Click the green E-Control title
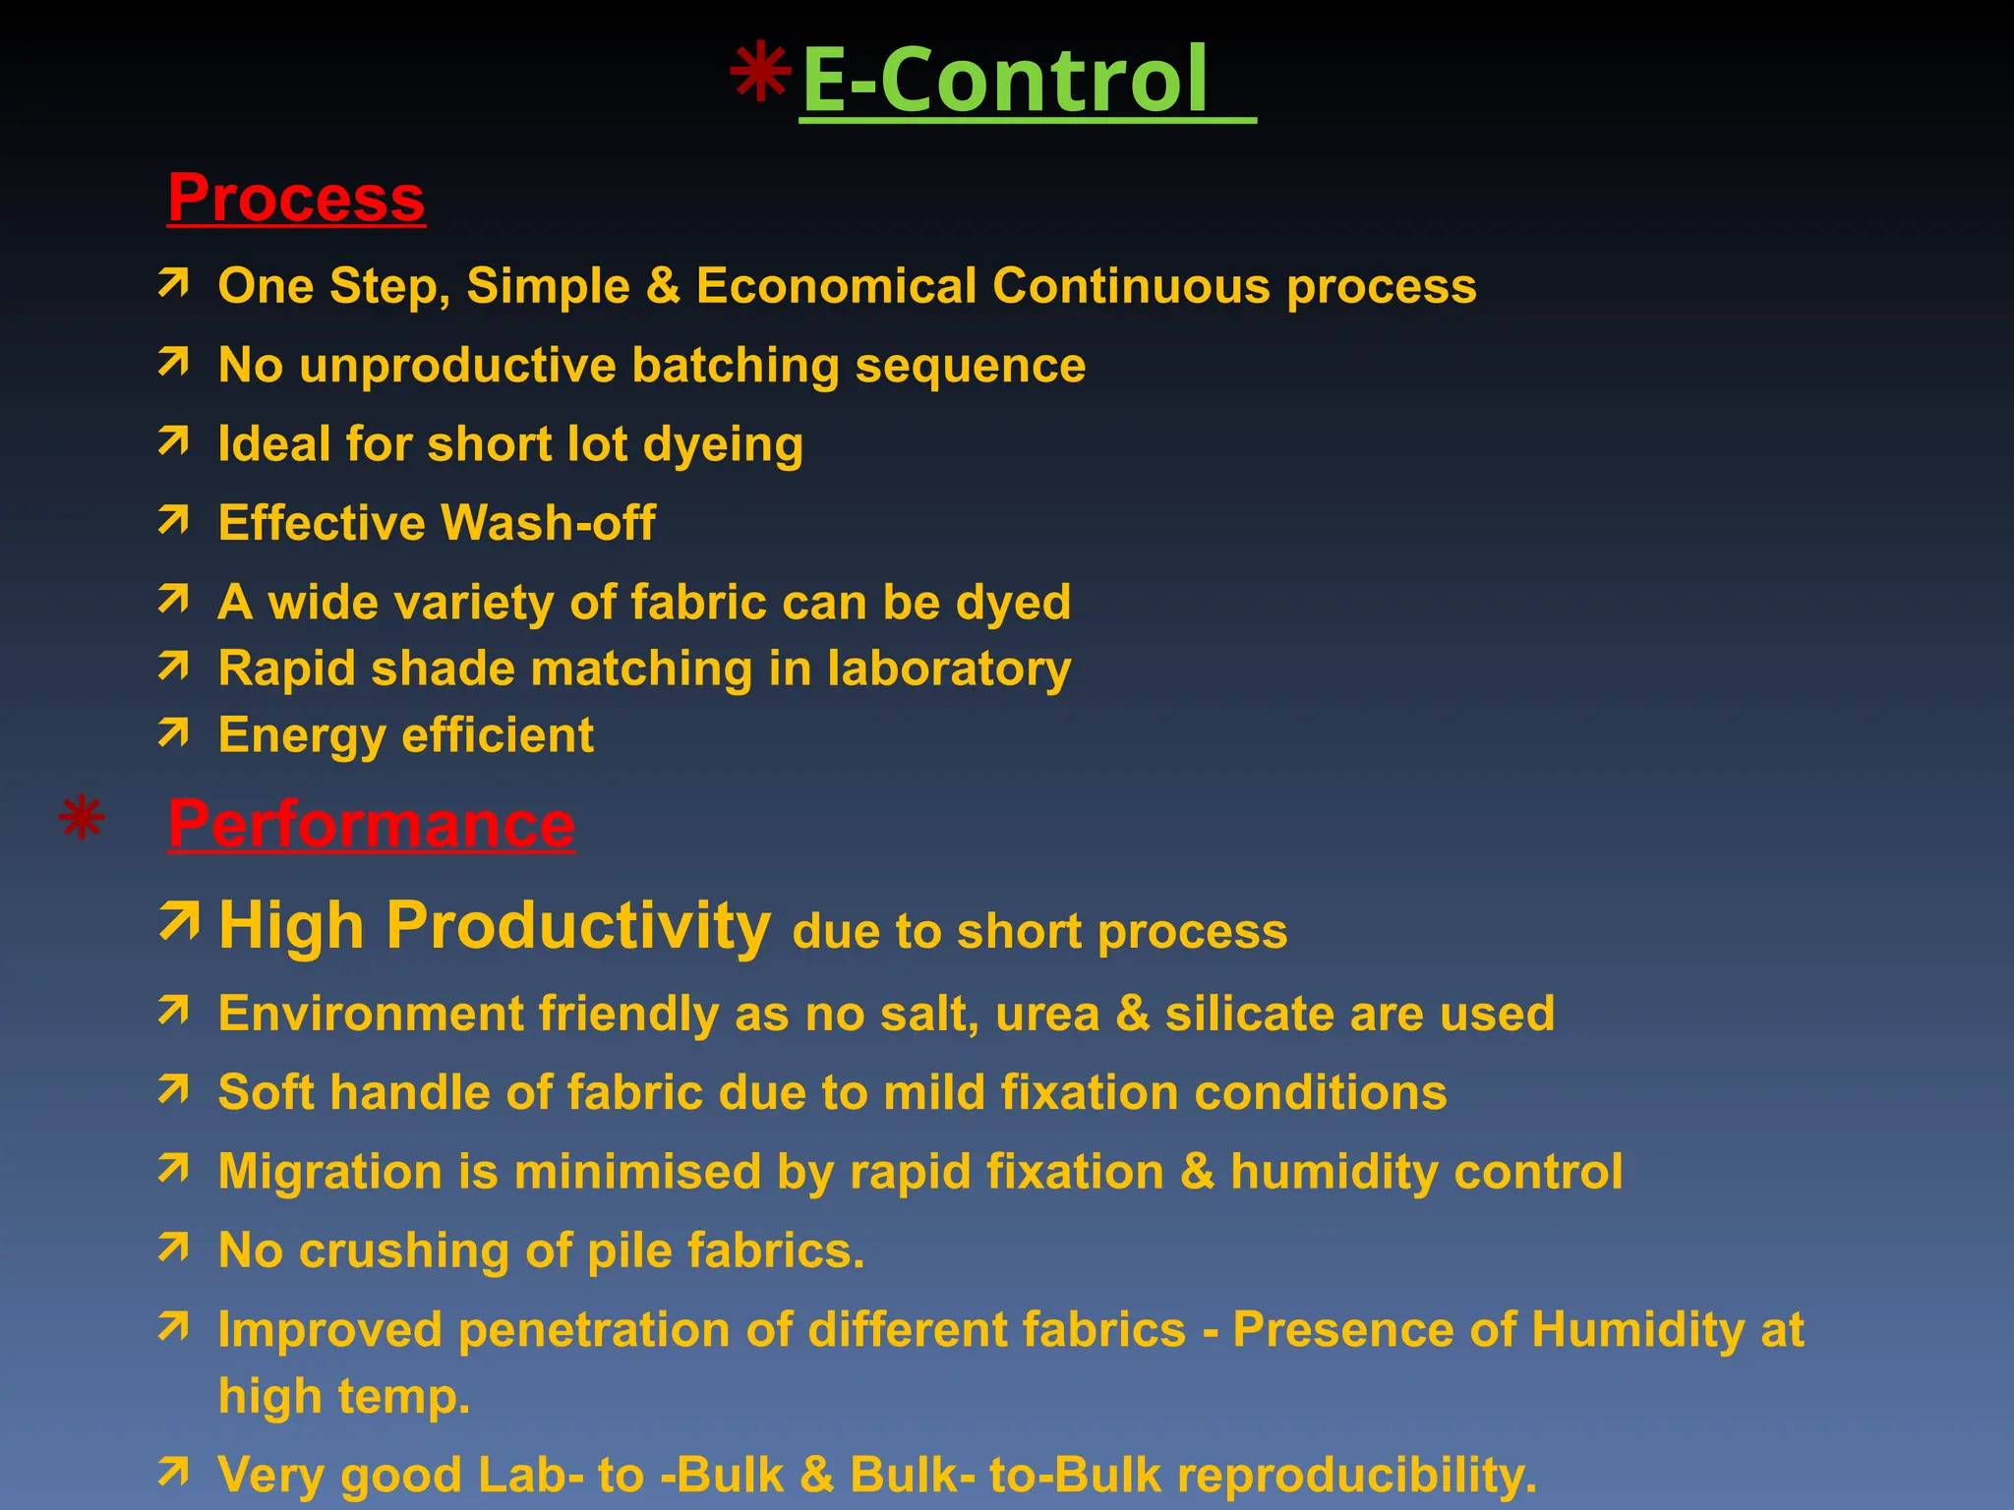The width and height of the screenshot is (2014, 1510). click(x=1005, y=81)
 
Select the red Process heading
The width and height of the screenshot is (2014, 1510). click(x=296, y=198)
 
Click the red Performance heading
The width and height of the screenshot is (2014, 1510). click(x=372, y=824)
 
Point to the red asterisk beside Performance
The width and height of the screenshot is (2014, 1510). click(x=82, y=818)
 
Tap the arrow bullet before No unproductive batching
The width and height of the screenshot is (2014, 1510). click(x=174, y=363)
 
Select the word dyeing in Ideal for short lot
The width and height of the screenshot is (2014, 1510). click(x=723, y=444)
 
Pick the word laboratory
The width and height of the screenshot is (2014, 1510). click(x=949, y=668)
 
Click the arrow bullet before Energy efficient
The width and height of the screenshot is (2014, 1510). click(x=174, y=732)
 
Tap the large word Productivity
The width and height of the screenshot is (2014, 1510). click(x=578, y=926)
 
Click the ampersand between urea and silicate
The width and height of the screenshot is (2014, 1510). click(x=1133, y=1014)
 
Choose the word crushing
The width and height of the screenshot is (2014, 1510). click(x=404, y=1250)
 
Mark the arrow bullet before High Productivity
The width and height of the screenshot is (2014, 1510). click(x=179, y=921)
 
